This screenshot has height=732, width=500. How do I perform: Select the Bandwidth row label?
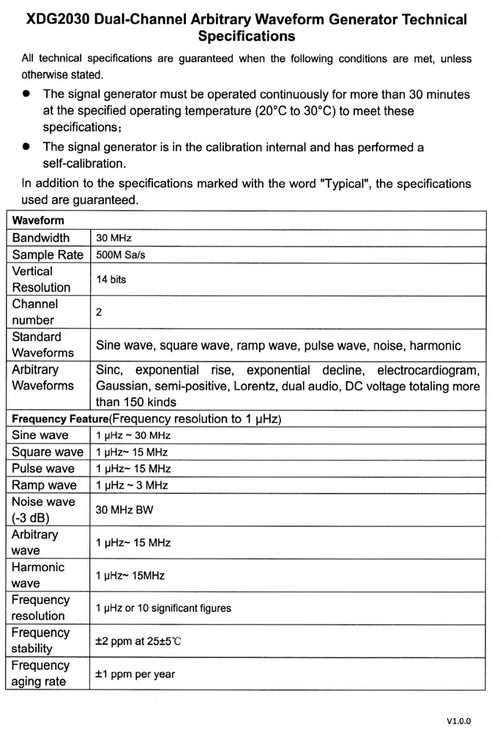coord(41,238)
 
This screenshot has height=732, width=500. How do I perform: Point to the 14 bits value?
coord(111,279)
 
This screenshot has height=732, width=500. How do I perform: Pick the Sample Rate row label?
coord(48,255)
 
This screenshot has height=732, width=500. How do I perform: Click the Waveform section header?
coord(38,220)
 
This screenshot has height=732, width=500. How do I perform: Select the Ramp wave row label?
coord(44,485)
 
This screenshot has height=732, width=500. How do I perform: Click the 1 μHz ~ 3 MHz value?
coord(133,485)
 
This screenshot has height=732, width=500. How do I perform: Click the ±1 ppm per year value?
coord(135,674)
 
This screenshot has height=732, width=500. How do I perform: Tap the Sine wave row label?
coord(40,436)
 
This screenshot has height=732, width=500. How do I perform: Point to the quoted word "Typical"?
coord(346,184)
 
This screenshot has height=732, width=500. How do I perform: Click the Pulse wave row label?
coord(43,468)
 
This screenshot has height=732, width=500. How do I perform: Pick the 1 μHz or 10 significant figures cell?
coord(163,608)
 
